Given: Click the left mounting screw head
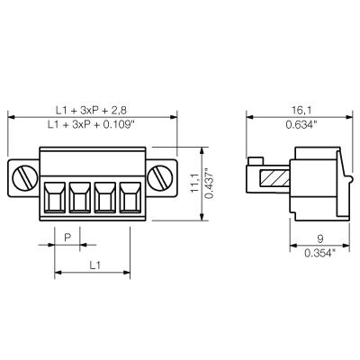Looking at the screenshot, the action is (25, 178).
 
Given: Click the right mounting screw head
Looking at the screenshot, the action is (160, 178).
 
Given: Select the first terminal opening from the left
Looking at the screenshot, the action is (55, 198).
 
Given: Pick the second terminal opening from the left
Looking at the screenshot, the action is (80, 198).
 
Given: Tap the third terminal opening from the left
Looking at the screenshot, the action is (105, 198).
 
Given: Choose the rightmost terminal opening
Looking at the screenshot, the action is (130, 198).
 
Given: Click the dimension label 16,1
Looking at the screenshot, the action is (301, 110).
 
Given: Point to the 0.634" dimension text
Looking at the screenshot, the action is (301, 124).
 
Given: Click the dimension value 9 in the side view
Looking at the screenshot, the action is (320, 238).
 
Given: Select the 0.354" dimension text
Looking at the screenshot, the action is (319, 253).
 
